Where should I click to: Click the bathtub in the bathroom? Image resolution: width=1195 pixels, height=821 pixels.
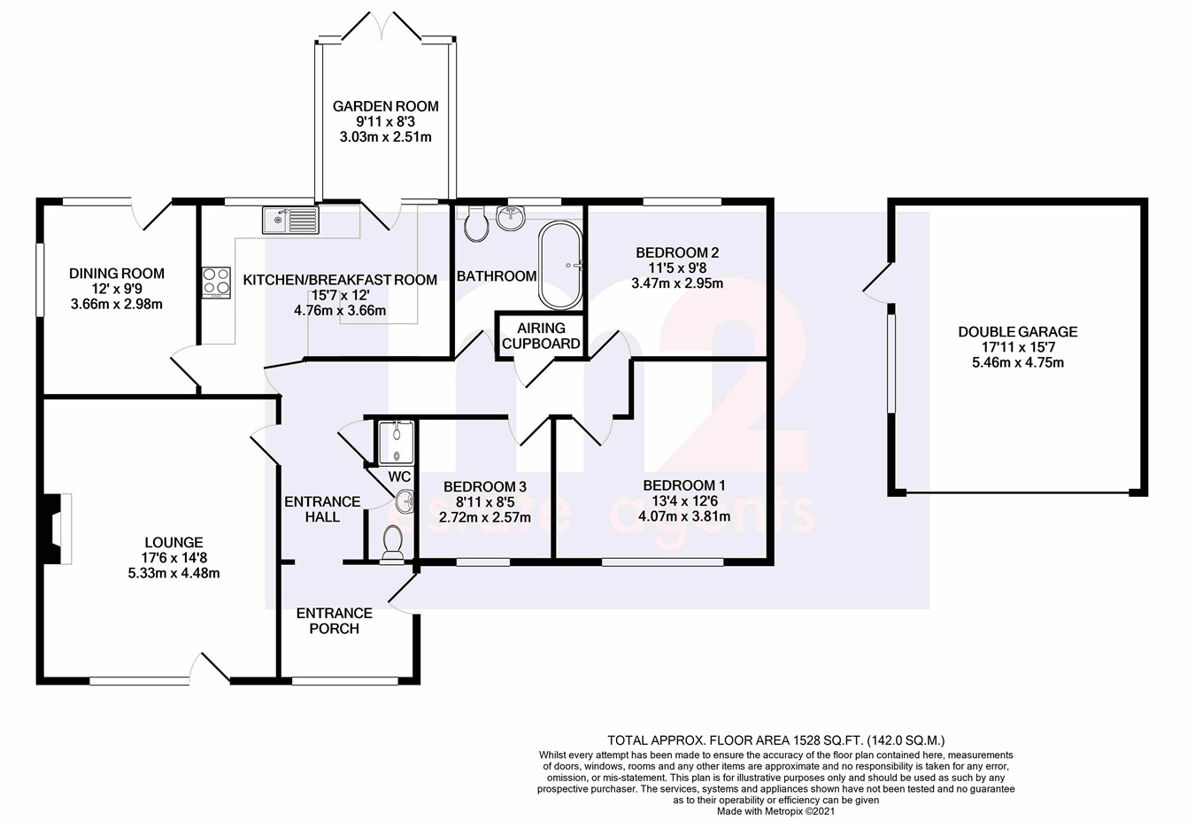(x=560, y=264)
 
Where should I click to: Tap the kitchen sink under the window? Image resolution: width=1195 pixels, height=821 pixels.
(x=290, y=219)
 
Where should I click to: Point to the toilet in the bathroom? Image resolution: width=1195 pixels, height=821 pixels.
(x=476, y=225)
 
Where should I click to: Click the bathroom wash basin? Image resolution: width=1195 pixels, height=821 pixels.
(x=511, y=215)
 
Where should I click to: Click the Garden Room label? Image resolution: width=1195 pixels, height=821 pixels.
(x=385, y=106)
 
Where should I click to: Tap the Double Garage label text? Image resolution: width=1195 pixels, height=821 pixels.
(x=1017, y=332)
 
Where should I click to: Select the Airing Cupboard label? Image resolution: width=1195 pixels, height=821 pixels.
(x=541, y=336)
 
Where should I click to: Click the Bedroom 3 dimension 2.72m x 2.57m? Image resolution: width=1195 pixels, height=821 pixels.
(x=485, y=517)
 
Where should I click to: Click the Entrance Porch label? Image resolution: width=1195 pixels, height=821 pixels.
(x=334, y=620)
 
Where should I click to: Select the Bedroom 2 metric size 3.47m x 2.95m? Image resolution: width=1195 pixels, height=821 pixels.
(x=676, y=283)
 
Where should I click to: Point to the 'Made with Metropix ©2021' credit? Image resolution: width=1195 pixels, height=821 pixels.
(x=775, y=810)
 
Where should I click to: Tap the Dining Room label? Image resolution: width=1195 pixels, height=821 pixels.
(x=117, y=274)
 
